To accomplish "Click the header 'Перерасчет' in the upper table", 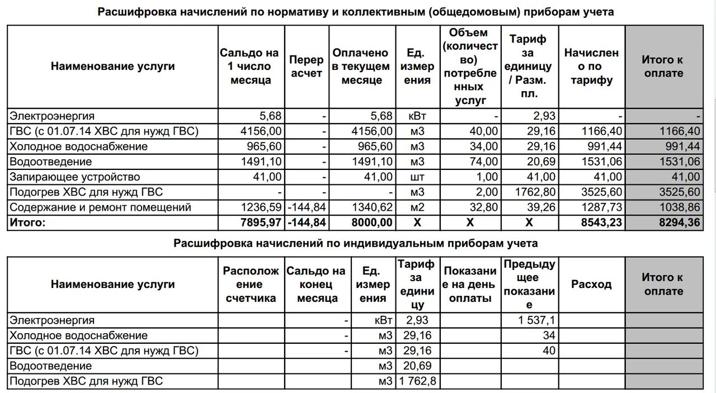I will (307, 67).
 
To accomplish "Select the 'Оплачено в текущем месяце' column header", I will (361, 67).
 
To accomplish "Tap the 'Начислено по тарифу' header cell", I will (591, 67).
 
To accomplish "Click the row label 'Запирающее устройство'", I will (74, 177).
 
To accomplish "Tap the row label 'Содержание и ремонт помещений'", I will (101, 207).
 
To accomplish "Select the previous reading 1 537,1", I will (536, 321).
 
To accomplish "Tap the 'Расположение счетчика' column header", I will (251, 285).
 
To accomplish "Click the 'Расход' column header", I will (591, 285).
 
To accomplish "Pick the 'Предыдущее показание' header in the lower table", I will (529, 285).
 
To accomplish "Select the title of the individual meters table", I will (355, 244).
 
